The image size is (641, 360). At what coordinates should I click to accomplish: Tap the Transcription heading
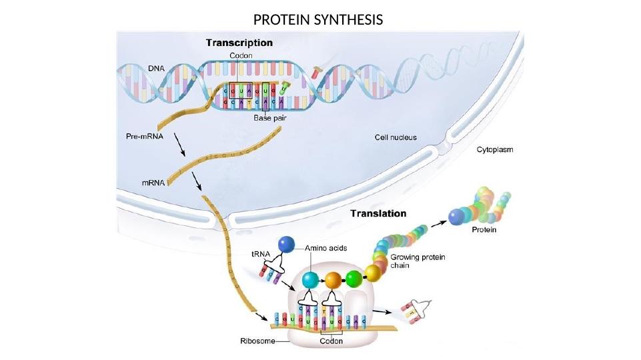pos(239,43)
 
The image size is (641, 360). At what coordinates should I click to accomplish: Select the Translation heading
pos(378,214)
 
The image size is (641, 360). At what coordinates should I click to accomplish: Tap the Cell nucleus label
pos(395,137)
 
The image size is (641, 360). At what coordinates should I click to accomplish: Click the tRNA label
pos(261,254)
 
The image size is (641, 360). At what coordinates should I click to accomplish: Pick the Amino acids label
pos(327,247)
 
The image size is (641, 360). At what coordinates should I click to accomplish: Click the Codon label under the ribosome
pos(332,341)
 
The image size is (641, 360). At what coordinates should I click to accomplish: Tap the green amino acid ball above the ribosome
pos(354,279)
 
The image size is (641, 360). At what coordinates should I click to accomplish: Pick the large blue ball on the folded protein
pos(458,216)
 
